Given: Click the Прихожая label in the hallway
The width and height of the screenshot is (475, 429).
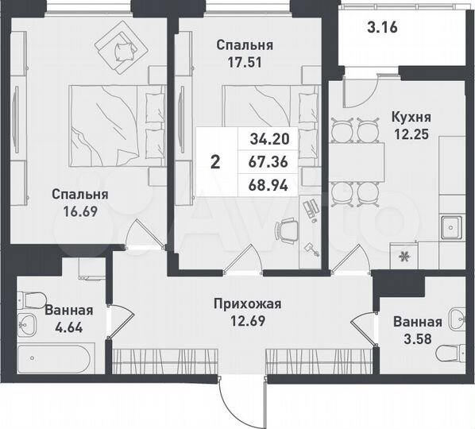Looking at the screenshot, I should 248,303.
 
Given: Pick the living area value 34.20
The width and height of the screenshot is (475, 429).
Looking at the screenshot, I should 270,139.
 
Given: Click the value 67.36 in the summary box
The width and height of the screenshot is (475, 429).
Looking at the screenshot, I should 270,162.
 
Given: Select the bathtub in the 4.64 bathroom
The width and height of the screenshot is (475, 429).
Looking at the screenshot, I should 56,355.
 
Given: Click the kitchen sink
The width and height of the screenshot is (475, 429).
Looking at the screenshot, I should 450,227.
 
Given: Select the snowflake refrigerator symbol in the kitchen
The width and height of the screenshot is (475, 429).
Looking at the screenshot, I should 404,257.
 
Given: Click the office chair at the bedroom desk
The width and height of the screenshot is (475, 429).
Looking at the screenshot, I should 285,231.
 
